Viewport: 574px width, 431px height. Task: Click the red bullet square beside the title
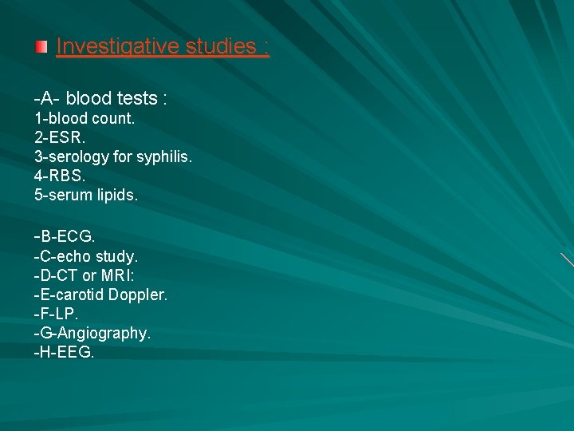pos(41,48)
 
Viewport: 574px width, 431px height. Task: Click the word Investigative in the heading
pos(118,47)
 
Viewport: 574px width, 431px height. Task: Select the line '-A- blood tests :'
pos(100,99)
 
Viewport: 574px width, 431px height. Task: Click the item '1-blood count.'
pos(85,118)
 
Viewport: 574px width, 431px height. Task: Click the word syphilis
pos(163,156)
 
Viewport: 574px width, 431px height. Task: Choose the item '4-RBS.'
pos(58,176)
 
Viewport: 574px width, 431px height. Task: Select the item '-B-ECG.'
pos(64,237)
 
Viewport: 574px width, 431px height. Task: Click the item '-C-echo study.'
pos(86,257)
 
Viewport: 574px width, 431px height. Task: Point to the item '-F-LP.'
pos(57,314)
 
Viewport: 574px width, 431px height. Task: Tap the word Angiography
pos(106,334)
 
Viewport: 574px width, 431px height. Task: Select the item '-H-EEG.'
pos(64,353)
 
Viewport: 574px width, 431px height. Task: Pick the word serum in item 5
pos(69,195)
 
